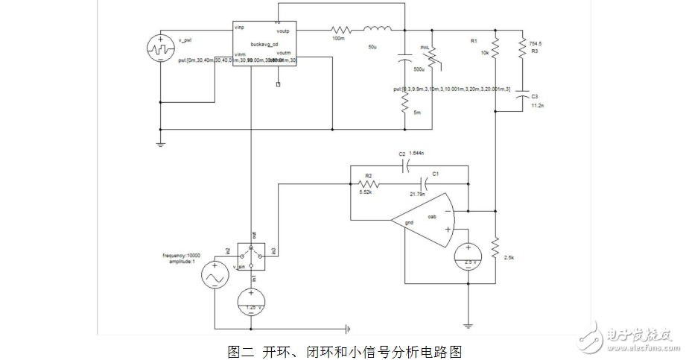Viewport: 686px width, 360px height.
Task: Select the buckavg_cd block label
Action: (x=264, y=45)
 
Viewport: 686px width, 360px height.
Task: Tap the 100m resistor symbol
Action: (x=339, y=31)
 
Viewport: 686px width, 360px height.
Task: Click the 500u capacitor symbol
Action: (x=404, y=58)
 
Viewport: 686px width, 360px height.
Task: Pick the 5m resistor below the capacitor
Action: (x=404, y=104)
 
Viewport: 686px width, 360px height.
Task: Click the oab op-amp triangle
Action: (x=425, y=221)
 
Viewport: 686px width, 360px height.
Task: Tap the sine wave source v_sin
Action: (x=214, y=276)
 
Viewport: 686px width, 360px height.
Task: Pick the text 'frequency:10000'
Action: (x=181, y=256)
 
